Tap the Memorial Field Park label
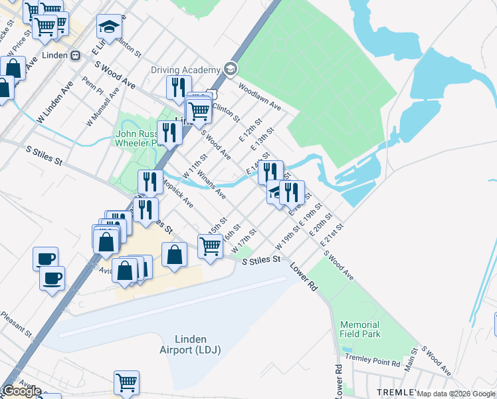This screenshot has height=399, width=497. pyautogui.click(x=360, y=329)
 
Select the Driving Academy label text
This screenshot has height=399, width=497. pyautogui.click(x=185, y=70)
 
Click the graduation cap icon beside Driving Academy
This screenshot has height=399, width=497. pyautogui.click(x=231, y=68)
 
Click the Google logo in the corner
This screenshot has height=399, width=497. pyautogui.click(x=21, y=391)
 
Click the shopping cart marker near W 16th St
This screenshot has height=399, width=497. pyautogui.click(x=210, y=246)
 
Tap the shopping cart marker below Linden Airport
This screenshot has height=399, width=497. pyautogui.click(x=126, y=382)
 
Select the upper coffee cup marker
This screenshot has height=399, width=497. pyautogui.click(x=45, y=258)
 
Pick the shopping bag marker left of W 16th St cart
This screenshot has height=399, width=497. pyautogui.click(x=174, y=255)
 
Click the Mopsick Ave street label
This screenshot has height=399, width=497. pyautogui.click(x=177, y=193)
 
